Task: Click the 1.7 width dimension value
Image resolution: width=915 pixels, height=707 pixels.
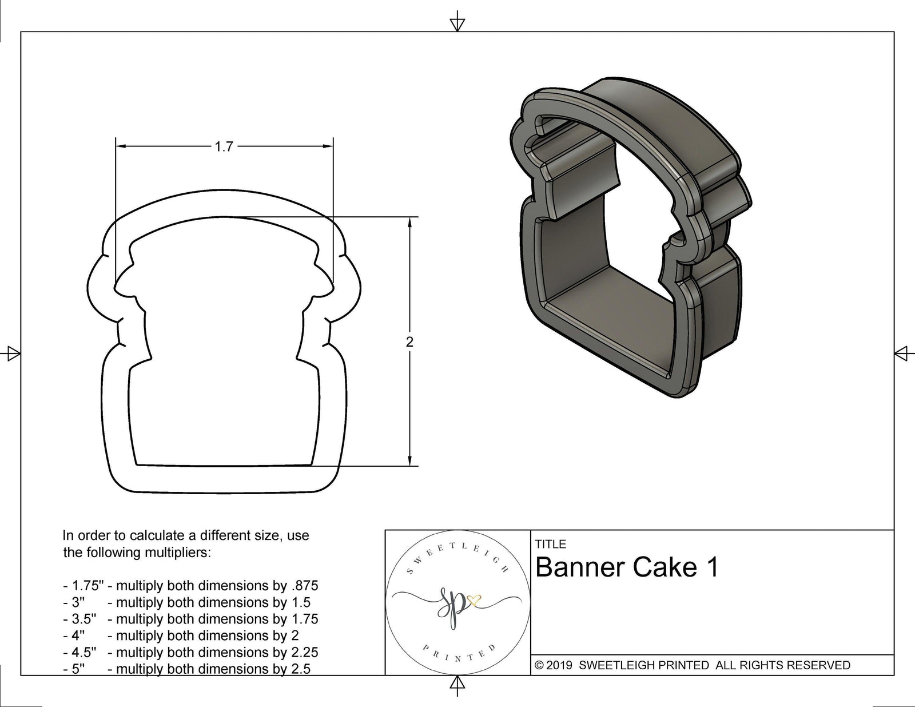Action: coord(224,147)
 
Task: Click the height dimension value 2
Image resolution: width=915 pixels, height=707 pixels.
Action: coord(409,342)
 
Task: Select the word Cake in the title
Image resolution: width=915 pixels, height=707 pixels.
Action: coord(663,567)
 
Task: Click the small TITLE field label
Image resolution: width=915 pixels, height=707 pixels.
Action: coord(551,544)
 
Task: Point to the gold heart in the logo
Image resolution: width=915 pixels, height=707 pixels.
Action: coord(474,601)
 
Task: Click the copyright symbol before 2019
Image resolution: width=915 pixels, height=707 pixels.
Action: coord(539,665)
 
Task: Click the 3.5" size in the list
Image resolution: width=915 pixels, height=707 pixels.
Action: coord(83,619)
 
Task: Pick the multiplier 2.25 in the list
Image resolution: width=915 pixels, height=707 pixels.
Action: coord(304,652)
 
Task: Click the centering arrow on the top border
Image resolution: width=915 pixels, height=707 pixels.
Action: coord(457,23)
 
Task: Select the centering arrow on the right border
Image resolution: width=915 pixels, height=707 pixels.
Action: coord(902,353)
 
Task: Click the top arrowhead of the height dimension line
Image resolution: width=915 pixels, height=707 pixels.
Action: coord(409,222)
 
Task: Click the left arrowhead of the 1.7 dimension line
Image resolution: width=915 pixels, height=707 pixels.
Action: coord(121,147)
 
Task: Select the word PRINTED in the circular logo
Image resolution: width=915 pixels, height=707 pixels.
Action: coord(459,654)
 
